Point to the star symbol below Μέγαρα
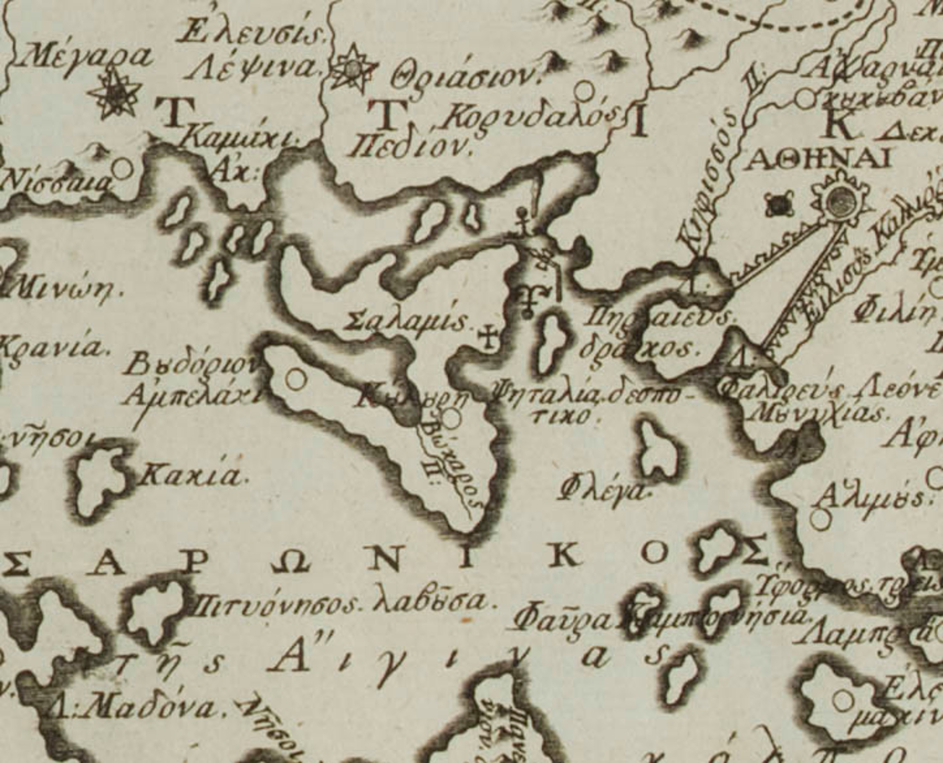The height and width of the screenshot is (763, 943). pos(115,94)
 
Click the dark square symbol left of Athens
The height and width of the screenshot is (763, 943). pos(779,205)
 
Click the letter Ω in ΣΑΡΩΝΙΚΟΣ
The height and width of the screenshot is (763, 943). pos(291,564)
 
